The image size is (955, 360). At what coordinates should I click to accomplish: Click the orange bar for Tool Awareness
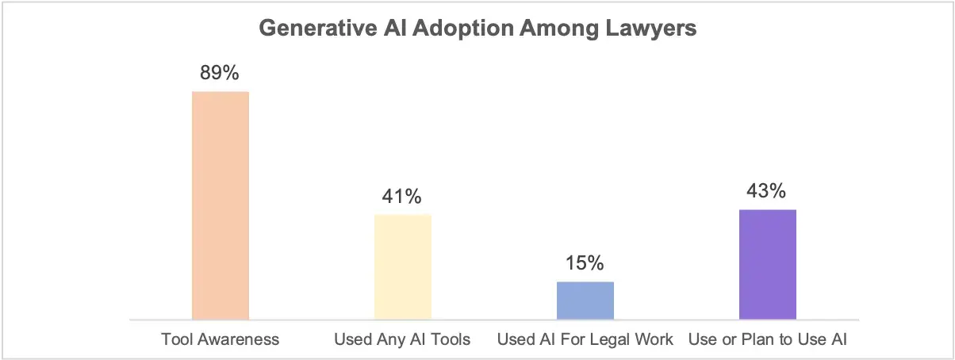(x=221, y=205)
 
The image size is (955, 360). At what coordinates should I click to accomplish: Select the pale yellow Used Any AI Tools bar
(x=403, y=266)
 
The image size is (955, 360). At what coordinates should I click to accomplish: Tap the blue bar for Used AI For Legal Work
(x=585, y=300)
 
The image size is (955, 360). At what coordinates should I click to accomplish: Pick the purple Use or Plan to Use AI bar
(x=767, y=264)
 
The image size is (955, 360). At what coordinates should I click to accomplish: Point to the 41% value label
(x=403, y=196)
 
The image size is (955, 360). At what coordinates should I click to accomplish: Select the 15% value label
(x=585, y=262)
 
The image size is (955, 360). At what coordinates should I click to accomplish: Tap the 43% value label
(x=767, y=191)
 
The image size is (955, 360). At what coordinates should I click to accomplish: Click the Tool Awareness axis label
(x=221, y=339)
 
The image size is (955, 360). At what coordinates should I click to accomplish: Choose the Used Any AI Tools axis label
(x=403, y=339)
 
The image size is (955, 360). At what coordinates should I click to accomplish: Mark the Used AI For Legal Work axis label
(x=585, y=339)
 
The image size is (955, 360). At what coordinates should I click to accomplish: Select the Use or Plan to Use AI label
(x=767, y=339)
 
